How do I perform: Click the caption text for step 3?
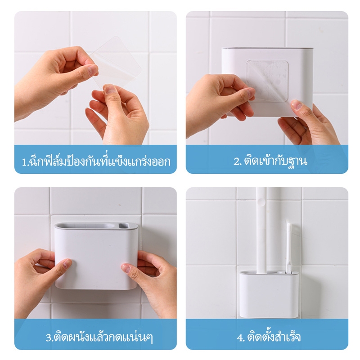pos(99,337)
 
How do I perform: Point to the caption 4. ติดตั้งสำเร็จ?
pos(269,337)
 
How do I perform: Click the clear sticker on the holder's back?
pos(267,81)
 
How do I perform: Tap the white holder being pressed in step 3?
pos(96,255)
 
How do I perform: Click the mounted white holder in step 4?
pos(269,294)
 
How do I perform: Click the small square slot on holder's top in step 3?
pos(123,226)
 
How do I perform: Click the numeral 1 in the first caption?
pos(24,162)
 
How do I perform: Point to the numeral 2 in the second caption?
pos(237,162)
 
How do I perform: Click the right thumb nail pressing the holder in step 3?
pos(126,268)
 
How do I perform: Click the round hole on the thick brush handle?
pos(261,202)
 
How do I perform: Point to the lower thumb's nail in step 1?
pos(110,89)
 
